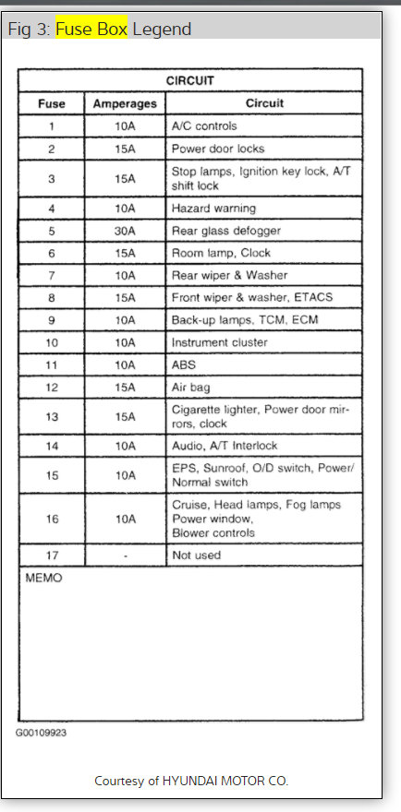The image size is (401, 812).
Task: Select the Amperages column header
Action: pos(125,104)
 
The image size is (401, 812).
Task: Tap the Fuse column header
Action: pos(51,104)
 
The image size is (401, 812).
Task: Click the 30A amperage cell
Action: pos(125,231)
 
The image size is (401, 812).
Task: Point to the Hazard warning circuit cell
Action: pos(213,209)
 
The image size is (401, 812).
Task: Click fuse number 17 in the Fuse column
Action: pos(51,555)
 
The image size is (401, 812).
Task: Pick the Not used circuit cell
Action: pos(196,555)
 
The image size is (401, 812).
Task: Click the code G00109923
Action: pos(41,733)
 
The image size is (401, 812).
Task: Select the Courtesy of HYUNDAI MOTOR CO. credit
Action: pos(191,781)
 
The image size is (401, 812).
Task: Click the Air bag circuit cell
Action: pos(191,387)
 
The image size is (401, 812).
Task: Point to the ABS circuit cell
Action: pos(184,364)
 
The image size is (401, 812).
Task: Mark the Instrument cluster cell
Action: pos(219,342)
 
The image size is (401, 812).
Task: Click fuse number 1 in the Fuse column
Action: pos(51,125)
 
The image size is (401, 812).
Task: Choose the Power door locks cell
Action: pos(217,149)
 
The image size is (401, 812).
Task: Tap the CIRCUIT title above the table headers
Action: pos(189,81)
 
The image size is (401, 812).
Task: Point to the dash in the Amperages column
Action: pos(125,555)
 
